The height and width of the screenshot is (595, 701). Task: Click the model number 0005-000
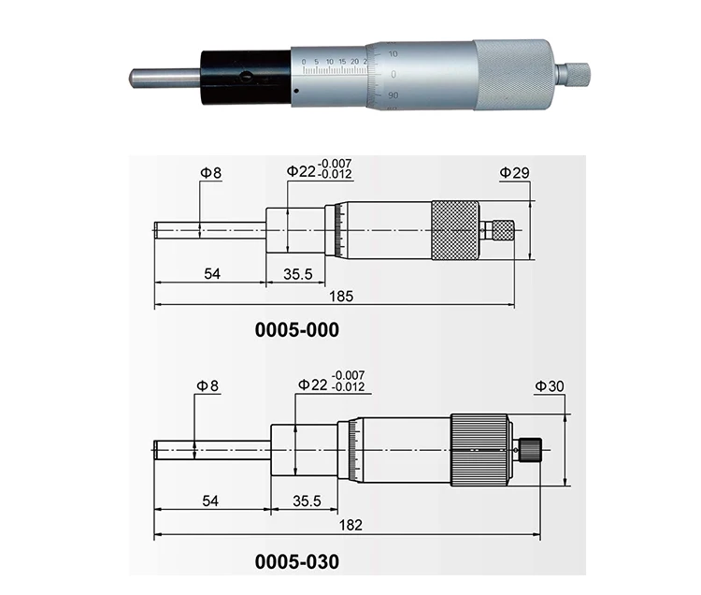click(296, 330)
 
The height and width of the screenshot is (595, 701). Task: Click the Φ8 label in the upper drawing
click(210, 172)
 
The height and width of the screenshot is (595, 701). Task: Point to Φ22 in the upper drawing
click(301, 171)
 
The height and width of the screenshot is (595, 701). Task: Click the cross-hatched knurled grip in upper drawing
click(454, 230)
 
